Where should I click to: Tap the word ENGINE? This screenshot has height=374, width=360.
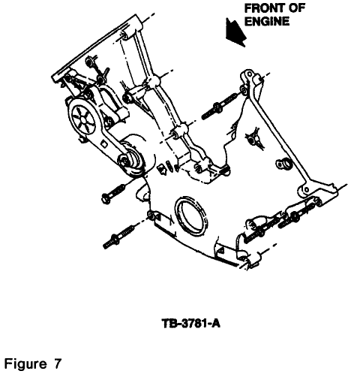click(267, 21)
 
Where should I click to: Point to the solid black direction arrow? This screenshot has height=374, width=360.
click(235, 33)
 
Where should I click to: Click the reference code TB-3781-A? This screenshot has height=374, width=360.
click(191, 323)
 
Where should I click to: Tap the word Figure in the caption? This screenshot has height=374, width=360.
click(25, 363)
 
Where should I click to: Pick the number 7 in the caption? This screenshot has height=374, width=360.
click(58, 363)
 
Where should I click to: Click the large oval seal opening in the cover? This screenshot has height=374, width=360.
click(191, 216)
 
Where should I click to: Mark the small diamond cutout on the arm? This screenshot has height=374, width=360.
click(103, 144)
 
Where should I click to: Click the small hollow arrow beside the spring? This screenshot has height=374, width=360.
click(162, 169)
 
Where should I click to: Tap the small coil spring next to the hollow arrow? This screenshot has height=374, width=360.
click(169, 166)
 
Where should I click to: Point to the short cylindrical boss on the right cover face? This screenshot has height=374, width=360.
click(284, 164)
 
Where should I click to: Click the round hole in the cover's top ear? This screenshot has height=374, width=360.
click(249, 74)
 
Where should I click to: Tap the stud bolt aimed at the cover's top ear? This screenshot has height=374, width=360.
click(219, 107)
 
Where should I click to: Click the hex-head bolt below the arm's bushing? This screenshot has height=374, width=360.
click(114, 194)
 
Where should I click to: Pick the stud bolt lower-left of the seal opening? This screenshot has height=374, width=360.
click(118, 237)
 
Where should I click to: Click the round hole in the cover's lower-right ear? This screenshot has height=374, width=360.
click(305, 190)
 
